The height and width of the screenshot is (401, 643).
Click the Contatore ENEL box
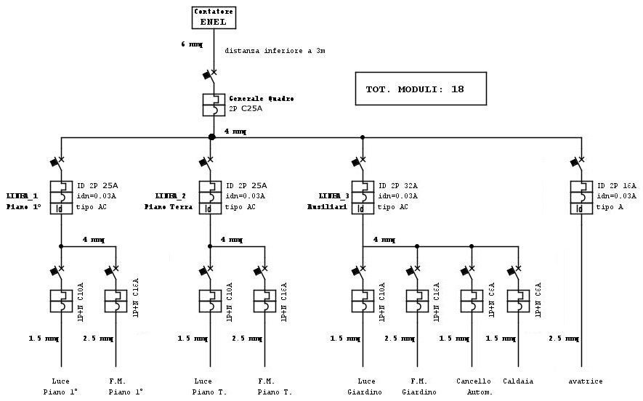(x=214, y=17)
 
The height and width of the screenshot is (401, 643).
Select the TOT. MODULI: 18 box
(x=420, y=89)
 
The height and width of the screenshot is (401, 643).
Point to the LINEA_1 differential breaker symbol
(x=61, y=197)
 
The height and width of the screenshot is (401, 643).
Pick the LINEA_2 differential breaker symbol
(x=210, y=197)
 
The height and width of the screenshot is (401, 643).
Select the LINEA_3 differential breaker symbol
(x=363, y=197)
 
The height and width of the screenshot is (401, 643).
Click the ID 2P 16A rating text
(x=616, y=186)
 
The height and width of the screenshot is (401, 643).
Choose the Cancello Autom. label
(x=474, y=386)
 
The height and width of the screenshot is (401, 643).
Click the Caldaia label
(x=518, y=381)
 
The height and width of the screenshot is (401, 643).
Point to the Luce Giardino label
(x=363, y=386)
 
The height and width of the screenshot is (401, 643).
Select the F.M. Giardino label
(x=418, y=386)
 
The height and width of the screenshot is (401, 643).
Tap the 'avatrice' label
(x=585, y=381)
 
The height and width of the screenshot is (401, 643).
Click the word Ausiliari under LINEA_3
(x=323, y=207)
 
